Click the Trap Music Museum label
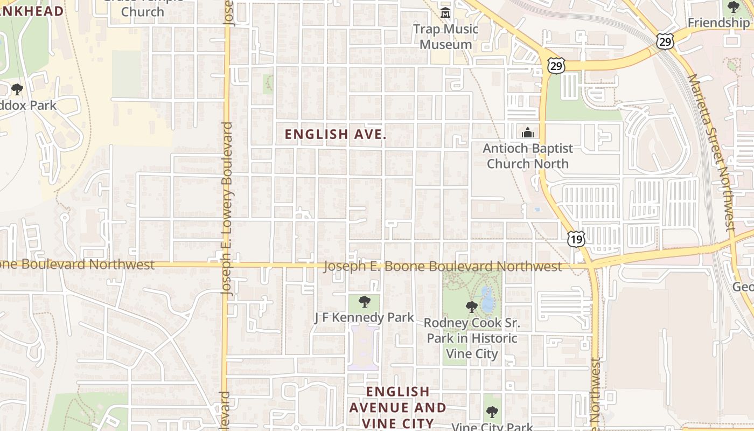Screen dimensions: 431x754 click(445, 37)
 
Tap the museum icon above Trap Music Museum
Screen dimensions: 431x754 click(445, 13)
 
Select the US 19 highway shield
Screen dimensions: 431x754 click(576, 239)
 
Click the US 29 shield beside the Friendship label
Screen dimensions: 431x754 click(664, 40)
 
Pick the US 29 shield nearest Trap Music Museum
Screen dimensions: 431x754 click(555, 66)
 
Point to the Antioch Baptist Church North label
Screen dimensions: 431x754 click(527, 156)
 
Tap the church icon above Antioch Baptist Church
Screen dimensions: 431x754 click(528, 133)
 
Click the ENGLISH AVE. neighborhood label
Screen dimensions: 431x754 click(335, 135)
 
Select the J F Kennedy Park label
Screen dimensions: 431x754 click(364, 317)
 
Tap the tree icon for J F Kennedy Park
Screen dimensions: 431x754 click(365, 302)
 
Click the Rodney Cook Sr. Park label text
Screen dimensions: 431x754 click(472, 338)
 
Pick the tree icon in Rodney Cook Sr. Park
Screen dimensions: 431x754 click(472, 307)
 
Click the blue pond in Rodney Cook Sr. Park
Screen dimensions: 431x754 click(487, 301)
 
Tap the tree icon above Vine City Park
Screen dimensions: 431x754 click(492, 413)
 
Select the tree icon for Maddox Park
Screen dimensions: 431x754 click(17, 89)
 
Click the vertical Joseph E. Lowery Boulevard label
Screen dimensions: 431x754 click(227, 207)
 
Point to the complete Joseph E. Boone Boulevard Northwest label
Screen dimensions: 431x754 click(443, 266)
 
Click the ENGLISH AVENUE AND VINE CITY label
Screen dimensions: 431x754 click(397, 407)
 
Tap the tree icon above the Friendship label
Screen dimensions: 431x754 click(734, 7)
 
